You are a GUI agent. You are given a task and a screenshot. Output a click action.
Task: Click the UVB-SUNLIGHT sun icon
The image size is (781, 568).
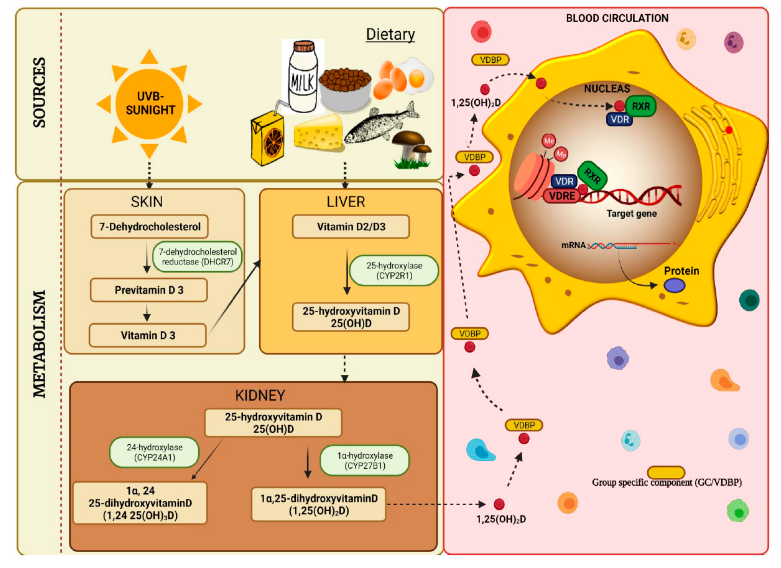pos(149,103)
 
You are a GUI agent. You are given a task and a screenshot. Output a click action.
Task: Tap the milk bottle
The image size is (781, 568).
pos(303,77)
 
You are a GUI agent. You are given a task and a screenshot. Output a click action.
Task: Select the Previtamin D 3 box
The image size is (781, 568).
pos(149,290)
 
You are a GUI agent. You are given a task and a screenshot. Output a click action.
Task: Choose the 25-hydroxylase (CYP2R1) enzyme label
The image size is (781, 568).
pos(394,270)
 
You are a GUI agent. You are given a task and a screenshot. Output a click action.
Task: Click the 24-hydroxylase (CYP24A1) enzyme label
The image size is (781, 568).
pos(154,452)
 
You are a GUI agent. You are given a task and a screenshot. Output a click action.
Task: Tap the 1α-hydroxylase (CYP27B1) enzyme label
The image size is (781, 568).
pos(365,460)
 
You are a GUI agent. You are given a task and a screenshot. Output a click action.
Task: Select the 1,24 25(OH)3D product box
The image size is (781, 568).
pos(140,503)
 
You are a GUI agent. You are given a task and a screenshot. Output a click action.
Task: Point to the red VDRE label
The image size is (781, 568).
pos(562,196)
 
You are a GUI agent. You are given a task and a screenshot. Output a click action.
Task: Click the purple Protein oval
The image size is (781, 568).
pos(674,285)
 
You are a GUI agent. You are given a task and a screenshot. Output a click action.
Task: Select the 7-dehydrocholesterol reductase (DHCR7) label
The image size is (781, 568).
pos(197,257)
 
